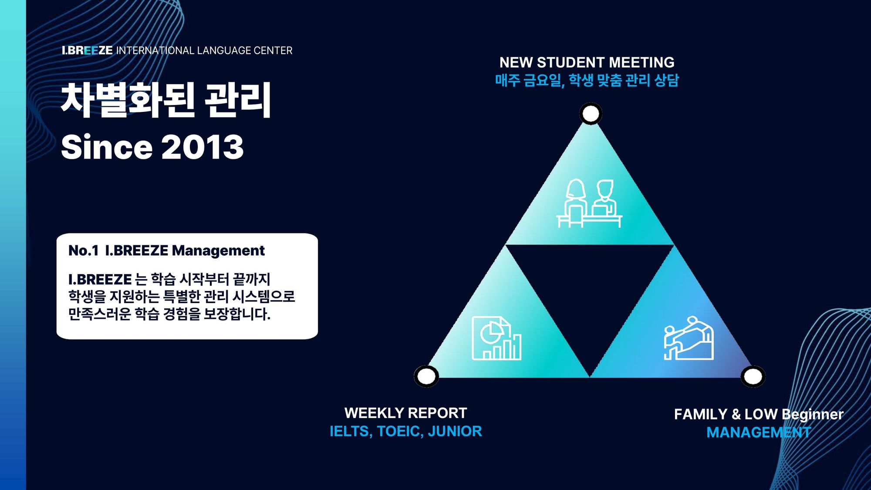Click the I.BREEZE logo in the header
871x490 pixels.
[87, 51]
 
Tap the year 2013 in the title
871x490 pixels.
[203, 147]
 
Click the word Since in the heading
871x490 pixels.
[107, 147]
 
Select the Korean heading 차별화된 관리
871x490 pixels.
[166, 100]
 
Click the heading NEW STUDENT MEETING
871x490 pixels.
[587, 62]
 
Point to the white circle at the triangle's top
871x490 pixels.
[591, 114]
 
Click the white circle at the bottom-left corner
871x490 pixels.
[426, 376]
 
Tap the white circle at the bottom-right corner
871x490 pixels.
[753, 377]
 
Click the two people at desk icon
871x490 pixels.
[589, 203]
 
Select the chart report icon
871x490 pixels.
[496, 338]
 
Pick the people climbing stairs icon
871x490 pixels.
[689, 338]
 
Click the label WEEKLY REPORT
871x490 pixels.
[406, 413]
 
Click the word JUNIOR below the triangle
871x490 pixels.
[455, 431]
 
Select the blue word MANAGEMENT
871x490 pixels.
[759, 433]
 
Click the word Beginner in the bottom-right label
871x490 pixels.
[813, 415]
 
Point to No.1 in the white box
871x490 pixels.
[84, 250]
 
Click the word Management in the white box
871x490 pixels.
[218, 251]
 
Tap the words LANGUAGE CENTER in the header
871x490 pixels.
[245, 51]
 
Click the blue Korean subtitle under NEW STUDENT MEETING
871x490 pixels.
[587, 80]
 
